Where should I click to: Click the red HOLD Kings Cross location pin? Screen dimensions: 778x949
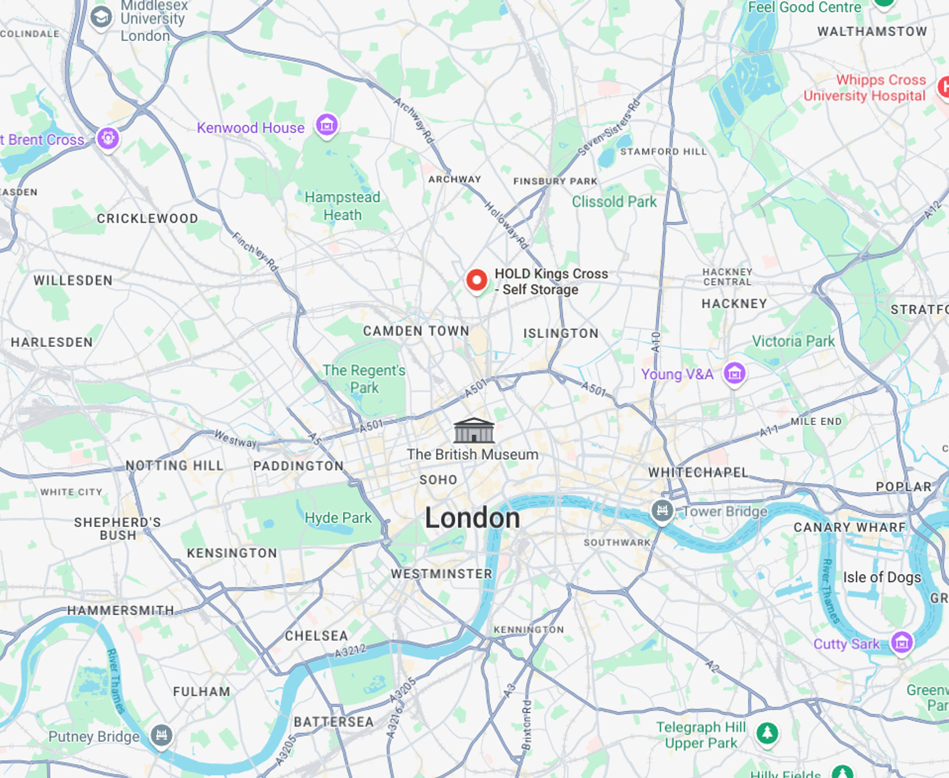pos(476,280)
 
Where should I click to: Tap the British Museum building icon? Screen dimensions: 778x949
pos(474,430)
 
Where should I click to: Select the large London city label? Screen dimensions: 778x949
pos(472,518)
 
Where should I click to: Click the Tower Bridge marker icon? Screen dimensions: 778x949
pos(662,510)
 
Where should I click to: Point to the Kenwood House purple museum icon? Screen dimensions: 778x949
pos(327,125)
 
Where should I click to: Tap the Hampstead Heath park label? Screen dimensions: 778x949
pos(342,206)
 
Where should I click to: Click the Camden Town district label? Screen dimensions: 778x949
pos(416,331)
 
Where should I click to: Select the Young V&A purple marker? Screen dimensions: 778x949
pos(734,373)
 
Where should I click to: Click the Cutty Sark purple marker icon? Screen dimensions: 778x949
pos(902,642)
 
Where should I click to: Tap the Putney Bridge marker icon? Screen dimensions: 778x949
pos(161,734)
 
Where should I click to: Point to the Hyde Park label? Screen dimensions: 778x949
pos(338,518)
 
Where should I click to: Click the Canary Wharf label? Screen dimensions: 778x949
pos(849,527)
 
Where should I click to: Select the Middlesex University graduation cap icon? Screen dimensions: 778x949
pos(101,18)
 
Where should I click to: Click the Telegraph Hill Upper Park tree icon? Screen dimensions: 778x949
pos(767,733)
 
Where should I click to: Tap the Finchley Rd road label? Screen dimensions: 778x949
pos(255,252)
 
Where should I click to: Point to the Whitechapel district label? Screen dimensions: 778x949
pos(698,472)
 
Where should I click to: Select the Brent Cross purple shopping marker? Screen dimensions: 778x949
pos(108,138)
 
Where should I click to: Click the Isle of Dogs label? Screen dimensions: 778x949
pos(881,577)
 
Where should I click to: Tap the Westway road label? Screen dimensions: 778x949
pos(235,438)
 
